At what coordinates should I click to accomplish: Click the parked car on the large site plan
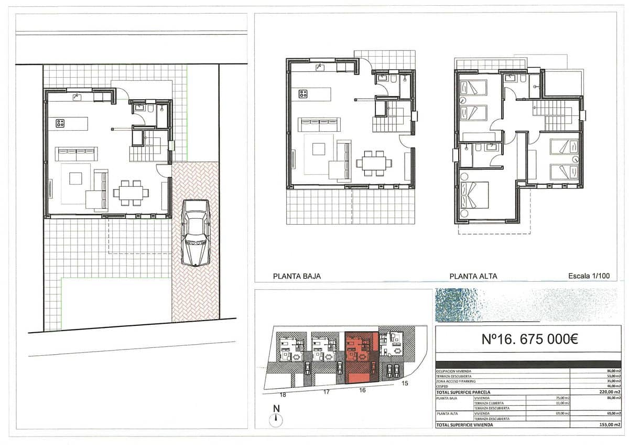coord(196,232)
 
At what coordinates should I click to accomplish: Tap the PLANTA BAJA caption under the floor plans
coord(297,276)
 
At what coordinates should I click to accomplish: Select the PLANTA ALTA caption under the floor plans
coord(473,276)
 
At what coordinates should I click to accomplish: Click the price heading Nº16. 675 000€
coord(529,340)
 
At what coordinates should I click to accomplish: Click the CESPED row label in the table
coord(443,386)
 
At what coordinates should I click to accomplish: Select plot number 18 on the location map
coord(283,394)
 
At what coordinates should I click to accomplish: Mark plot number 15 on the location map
coord(405,384)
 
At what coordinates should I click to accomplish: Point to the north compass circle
coord(276,419)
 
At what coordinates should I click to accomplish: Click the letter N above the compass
coord(276,409)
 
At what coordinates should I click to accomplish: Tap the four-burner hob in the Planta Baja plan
coord(303,94)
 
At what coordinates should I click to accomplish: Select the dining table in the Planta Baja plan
coord(374,163)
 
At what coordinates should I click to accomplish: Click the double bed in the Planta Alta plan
coord(474,195)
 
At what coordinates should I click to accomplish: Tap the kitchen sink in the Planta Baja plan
coord(319,67)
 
